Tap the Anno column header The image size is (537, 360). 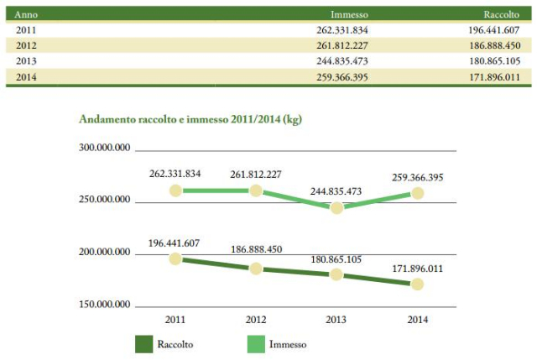tap(26, 14)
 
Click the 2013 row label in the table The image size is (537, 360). tap(26, 61)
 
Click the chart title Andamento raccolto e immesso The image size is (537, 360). tap(190, 119)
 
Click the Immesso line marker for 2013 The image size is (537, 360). tap(336, 207)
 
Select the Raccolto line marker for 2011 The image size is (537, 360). tap(175, 258)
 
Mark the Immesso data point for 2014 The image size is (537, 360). tap(417, 193)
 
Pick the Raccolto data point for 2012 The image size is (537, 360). tap(255, 268)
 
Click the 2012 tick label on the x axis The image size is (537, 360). tap(255, 319)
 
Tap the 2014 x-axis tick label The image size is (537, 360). tap(417, 319)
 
